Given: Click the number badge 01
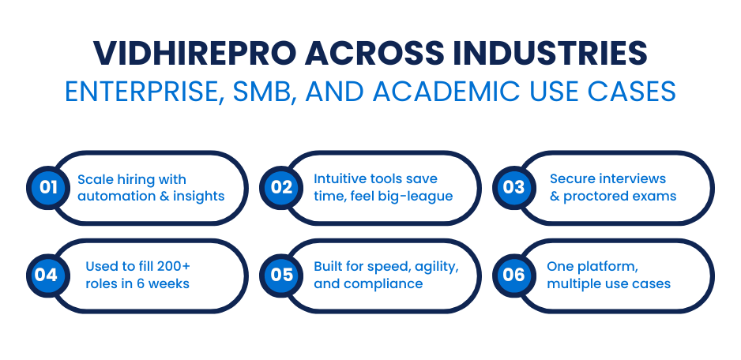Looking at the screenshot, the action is coord(48,188).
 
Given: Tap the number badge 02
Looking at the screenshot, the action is coord(281,188).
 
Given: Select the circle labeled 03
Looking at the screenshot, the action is coord(514,188).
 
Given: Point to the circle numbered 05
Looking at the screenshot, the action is coord(281,275).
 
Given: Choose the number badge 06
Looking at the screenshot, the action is coord(514,275).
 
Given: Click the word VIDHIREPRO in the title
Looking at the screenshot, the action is coord(194,54).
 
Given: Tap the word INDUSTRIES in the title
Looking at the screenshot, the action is coord(550,54).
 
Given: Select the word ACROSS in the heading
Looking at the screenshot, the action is coord(374,54).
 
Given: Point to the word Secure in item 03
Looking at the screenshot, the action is coord(570,179).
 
